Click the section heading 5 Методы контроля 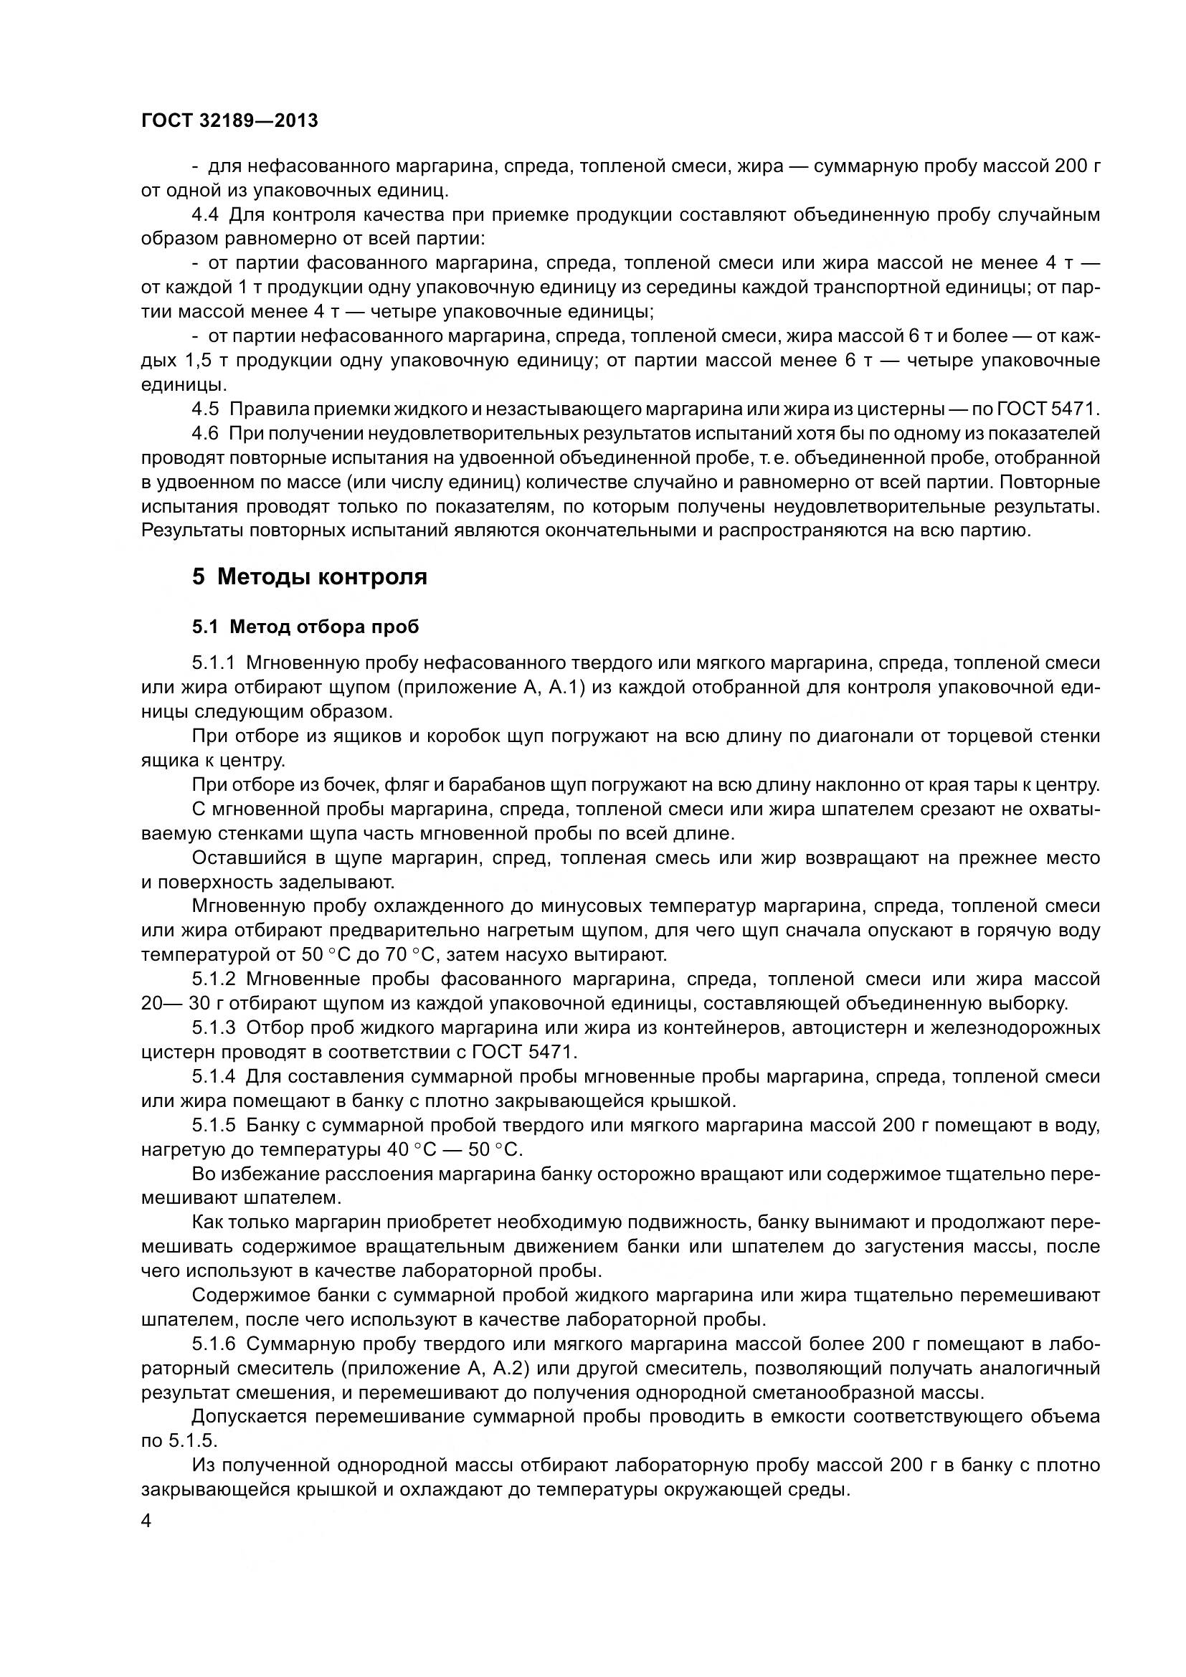click(x=309, y=577)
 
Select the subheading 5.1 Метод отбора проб click(x=305, y=627)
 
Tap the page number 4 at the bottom click(x=146, y=1521)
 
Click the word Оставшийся click(x=243, y=857)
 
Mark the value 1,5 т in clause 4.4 click(x=207, y=360)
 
